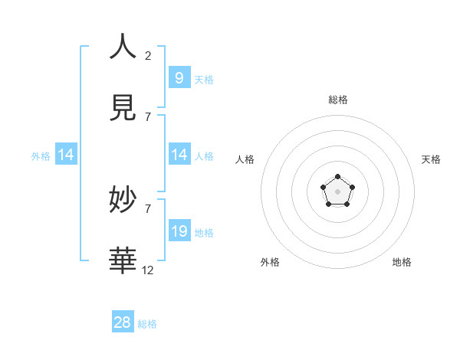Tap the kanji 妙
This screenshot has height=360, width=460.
123,201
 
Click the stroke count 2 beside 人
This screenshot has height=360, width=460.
148,55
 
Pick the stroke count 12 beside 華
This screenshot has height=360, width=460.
148,270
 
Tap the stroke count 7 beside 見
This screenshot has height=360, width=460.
148,116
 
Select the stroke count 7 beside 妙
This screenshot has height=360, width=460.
148,208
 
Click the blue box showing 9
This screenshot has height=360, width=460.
179,77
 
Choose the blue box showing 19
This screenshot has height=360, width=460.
179,231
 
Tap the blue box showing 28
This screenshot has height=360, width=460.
123,322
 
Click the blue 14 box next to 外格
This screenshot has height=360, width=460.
66,155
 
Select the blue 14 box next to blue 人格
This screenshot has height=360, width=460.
179,155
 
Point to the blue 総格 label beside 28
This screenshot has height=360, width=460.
147,324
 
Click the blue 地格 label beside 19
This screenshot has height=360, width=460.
204,232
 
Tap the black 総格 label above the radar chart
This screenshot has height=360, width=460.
338,100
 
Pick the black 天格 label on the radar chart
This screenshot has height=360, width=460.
431,159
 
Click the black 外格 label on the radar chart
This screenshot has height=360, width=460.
270,262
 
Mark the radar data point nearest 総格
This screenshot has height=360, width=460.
338,178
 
